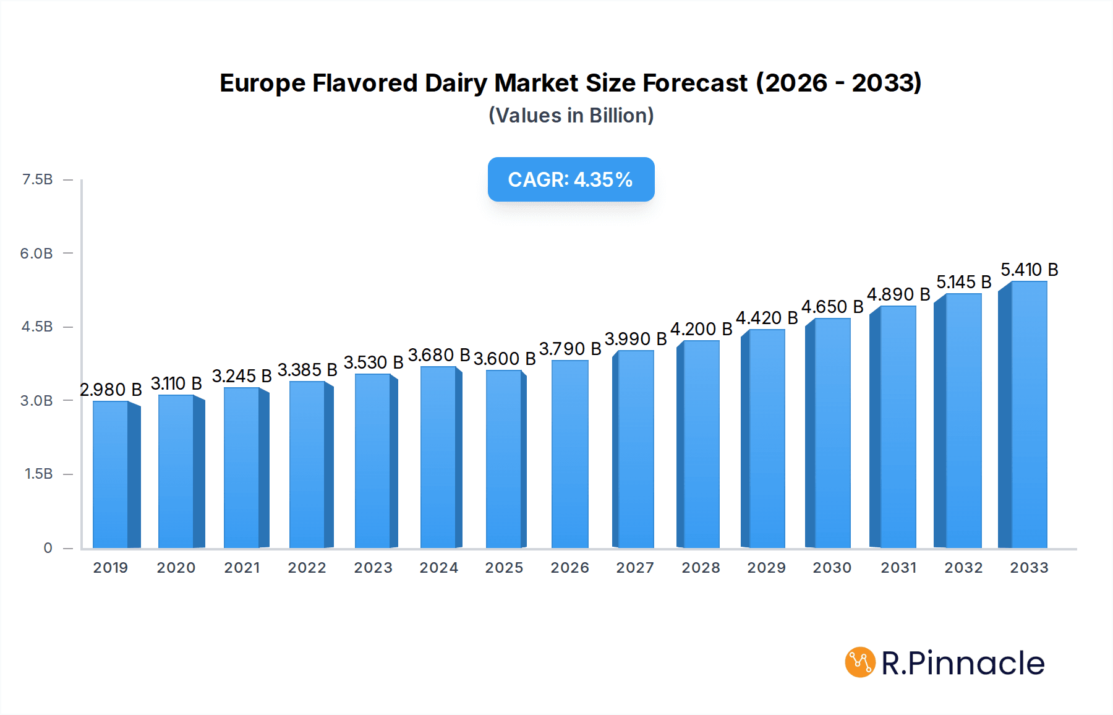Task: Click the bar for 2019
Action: (111, 474)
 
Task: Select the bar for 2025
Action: (504, 459)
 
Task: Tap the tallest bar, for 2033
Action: (1028, 414)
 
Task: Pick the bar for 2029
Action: (767, 439)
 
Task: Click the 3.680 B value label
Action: (439, 355)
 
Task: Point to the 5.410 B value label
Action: (1030, 270)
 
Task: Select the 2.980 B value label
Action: (111, 390)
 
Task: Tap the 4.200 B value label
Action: (701, 329)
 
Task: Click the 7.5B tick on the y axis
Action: (38, 179)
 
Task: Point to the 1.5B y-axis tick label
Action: (39, 474)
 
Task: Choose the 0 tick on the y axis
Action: (48, 547)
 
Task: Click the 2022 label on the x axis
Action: (307, 568)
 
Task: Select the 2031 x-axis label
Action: (898, 568)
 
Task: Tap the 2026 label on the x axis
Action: (569, 568)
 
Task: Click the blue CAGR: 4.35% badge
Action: (571, 179)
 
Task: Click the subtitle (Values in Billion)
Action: (571, 115)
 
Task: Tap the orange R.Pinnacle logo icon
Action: (860, 662)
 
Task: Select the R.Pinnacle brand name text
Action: (963, 663)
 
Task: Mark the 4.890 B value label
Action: (898, 294)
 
